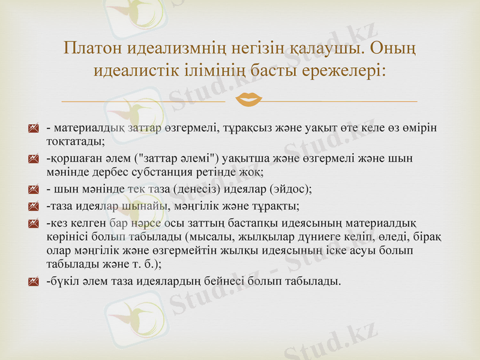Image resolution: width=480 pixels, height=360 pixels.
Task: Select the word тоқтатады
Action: point(75,142)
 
